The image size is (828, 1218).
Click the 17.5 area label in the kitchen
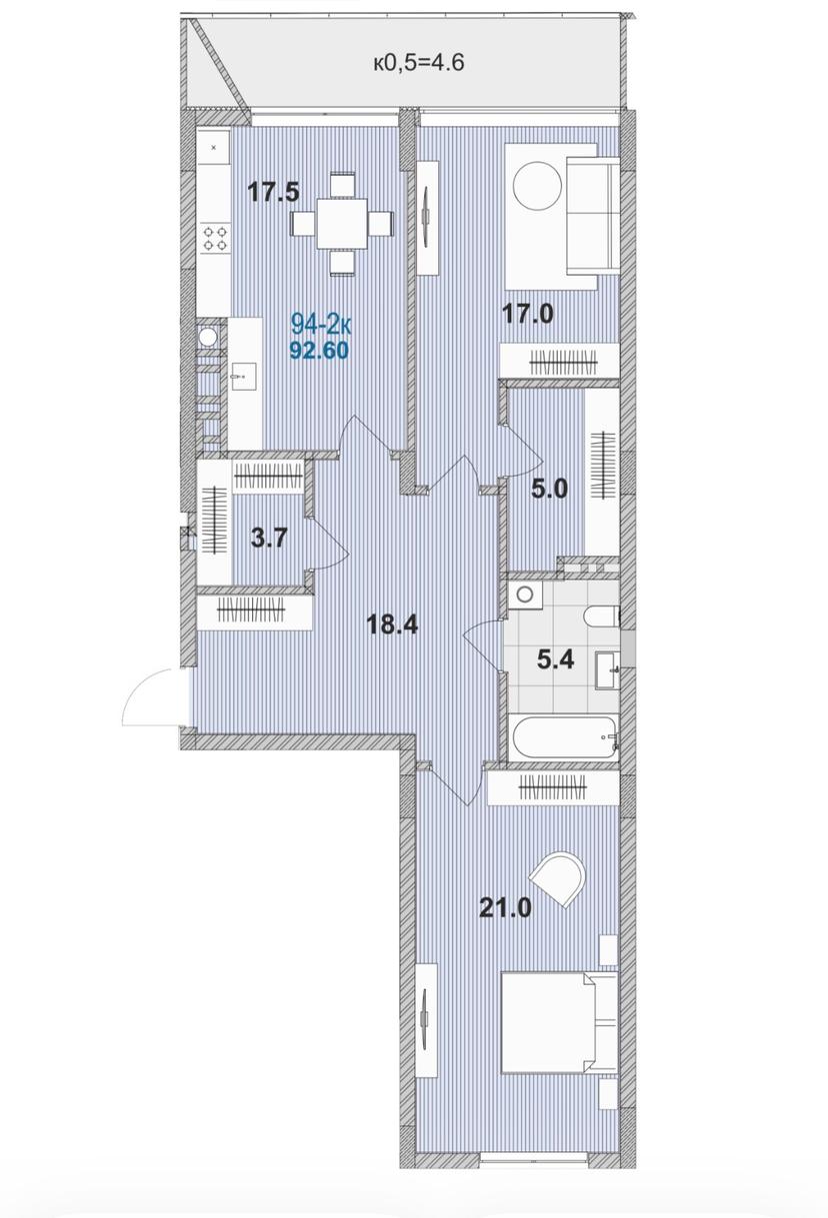[x=274, y=192]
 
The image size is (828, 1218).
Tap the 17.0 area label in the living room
[x=527, y=314]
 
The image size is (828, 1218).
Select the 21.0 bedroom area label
[x=505, y=907]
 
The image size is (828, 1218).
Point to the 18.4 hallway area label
[x=392, y=624]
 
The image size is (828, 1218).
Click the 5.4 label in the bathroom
[x=555, y=660]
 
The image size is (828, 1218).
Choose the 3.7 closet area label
[x=269, y=539]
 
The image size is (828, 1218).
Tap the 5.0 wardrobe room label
[x=549, y=489]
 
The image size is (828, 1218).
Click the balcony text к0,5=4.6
[x=418, y=63]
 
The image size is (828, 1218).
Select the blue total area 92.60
[x=319, y=351]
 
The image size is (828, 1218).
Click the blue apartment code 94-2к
[x=322, y=326]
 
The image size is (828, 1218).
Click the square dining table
[x=343, y=224]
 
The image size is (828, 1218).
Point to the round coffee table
[x=537, y=186]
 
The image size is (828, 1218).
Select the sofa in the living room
[x=593, y=216]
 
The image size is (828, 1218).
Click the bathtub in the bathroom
[x=564, y=736]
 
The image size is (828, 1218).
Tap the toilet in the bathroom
[x=602, y=615]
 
